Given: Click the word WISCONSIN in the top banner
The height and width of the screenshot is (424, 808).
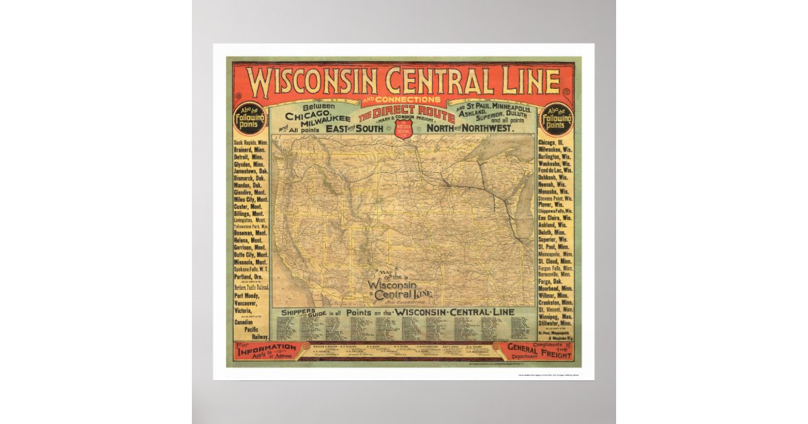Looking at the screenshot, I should (x=312, y=81).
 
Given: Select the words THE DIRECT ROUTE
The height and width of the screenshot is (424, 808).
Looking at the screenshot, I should (x=404, y=112).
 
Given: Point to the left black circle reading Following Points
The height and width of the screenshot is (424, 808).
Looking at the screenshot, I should (x=250, y=120).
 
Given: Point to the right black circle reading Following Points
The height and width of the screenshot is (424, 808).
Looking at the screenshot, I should (x=558, y=120).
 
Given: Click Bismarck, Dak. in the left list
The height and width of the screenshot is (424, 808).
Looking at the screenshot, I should (x=250, y=178).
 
